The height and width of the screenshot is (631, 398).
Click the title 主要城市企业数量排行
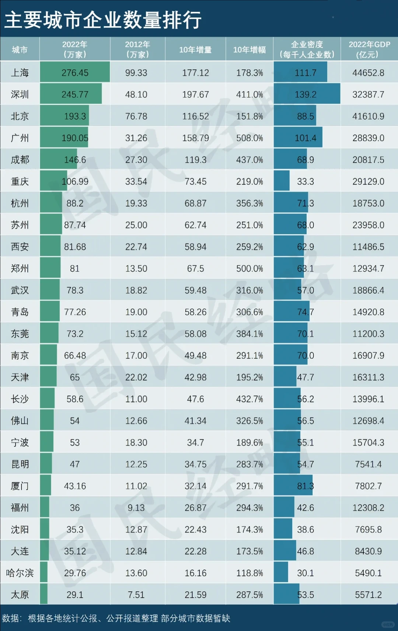[103, 20]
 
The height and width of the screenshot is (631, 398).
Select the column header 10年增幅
[249, 50]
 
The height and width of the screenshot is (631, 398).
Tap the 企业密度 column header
[307, 50]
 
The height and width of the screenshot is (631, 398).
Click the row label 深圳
[20, 95]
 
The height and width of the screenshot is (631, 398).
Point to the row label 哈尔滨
[20, 573]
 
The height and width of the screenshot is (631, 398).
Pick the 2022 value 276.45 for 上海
[75, 73]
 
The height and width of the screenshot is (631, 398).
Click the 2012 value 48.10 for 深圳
[136, 95]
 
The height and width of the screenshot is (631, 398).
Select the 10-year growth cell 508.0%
[249, 138]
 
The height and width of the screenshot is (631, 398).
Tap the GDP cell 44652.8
[368, 73]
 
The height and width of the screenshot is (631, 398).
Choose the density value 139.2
[306, 95]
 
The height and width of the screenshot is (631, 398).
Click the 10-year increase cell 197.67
[195, 95]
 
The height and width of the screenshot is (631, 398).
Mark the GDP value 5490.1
[368, 573]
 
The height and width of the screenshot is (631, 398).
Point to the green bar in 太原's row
[43, 595]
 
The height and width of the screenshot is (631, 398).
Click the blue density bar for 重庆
[282, 182]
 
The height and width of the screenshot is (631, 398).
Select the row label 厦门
[20, 486]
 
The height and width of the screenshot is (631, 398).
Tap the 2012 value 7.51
[136, 595]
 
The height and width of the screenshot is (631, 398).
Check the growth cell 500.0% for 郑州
[249, 269]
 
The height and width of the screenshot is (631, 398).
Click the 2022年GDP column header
[369, 50]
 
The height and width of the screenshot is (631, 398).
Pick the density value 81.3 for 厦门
[306, 486]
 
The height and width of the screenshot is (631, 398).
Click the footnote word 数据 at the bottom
[11, 618]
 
